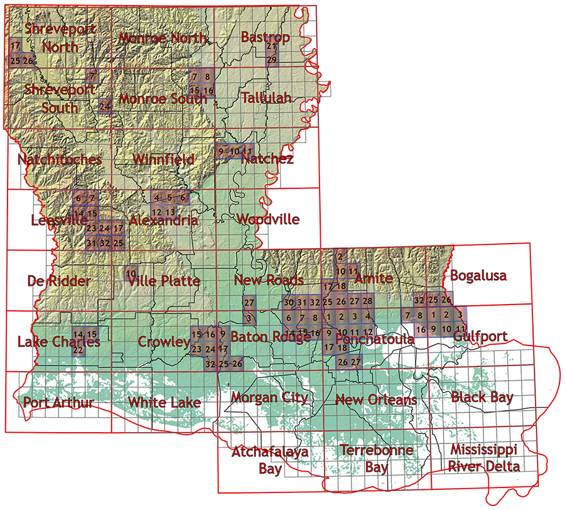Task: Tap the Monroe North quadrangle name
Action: pos(163,38)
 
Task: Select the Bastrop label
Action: pos(265,37)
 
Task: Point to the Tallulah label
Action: pos(266,97)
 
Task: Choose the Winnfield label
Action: pos(163,160)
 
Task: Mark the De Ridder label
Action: pos(59,280)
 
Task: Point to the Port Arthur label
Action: pos(58,402)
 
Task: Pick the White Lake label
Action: pos(164,402)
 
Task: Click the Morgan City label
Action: pos(269,398)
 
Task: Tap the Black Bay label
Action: pos(482,397)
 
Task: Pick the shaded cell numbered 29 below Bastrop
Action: pos(272,60)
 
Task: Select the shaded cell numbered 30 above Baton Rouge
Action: pos(289,303)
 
